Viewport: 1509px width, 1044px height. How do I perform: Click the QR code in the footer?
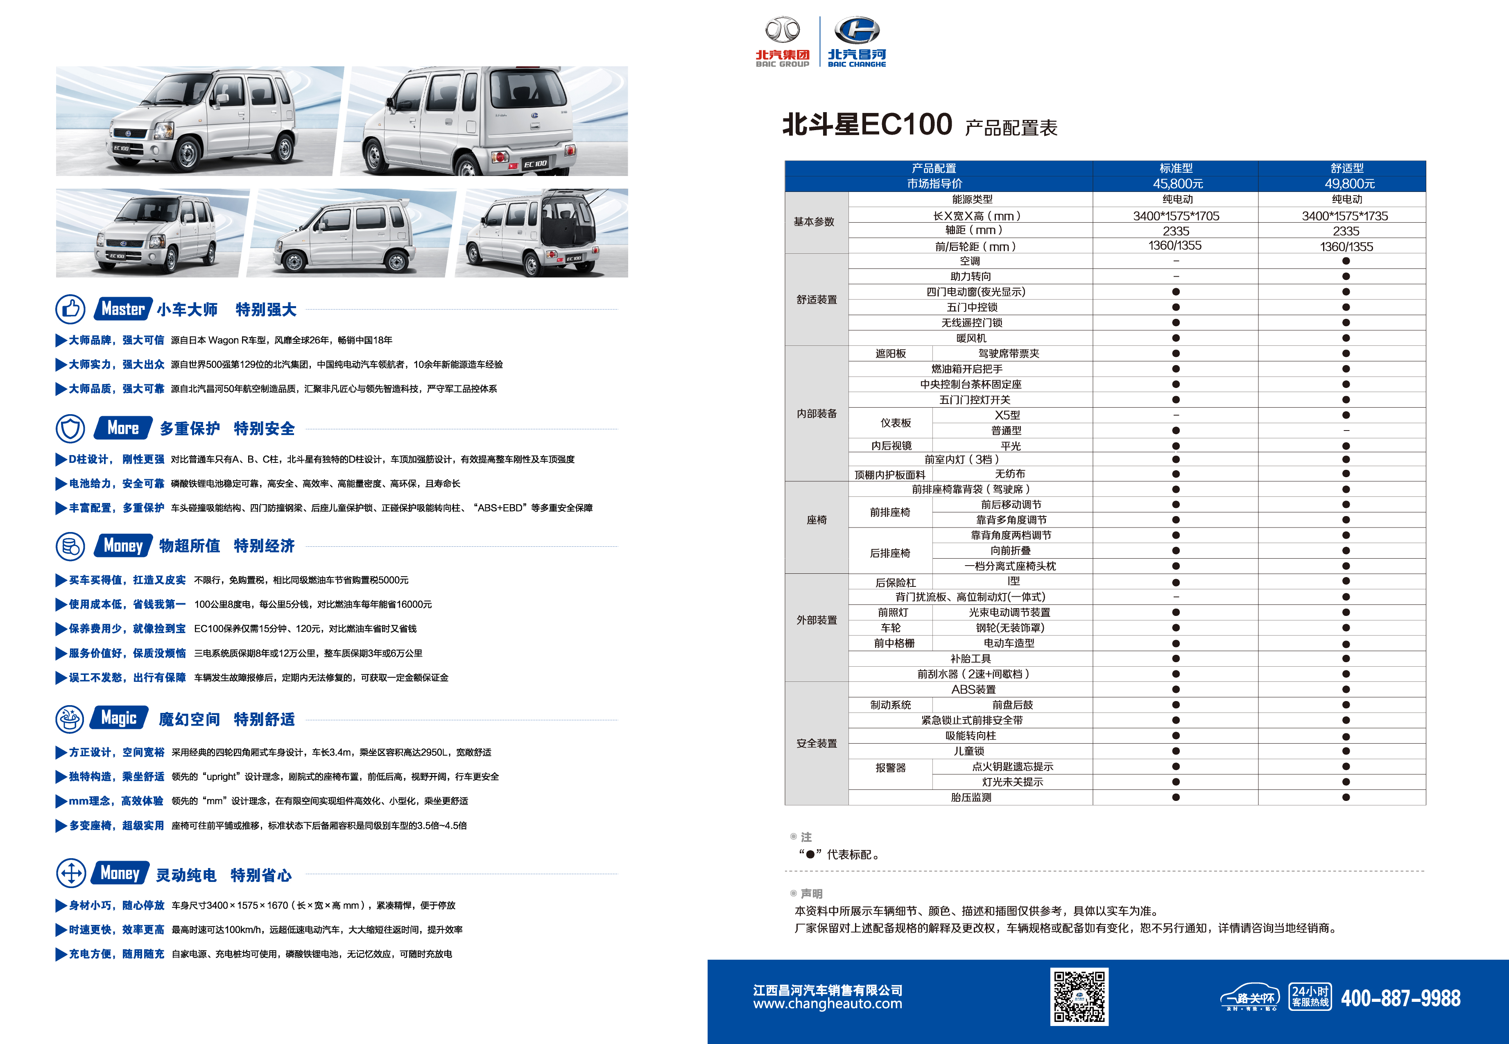[1079, 996]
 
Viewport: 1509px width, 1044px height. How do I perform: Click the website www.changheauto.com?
[827, 1004]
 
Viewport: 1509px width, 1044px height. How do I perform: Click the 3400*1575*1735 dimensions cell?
[1345, 216]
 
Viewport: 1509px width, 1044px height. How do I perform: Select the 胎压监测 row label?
[971, 797]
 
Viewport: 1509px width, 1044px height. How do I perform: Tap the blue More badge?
[123, 428]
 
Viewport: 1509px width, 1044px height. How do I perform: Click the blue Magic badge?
[119, 718]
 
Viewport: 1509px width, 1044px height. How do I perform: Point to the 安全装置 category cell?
[816, 743]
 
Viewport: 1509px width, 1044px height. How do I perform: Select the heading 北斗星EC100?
[867, 124]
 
